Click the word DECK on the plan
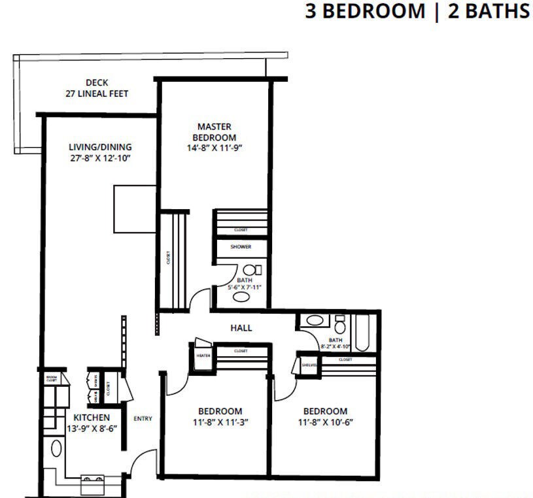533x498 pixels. click(x=97, y=82)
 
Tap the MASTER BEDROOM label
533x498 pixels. click(x=215, y=131)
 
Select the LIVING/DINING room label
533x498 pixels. click(x=100, y=146)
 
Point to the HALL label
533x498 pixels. click(x=241, y=327)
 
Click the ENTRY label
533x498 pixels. click(x=143, y=418)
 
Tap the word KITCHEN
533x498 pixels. click(x=91, y=418)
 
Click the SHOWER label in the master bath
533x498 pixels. click(x=241, y=247)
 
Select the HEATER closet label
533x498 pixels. click(x=201, y=356)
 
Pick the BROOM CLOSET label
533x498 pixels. click(x=51, y=378)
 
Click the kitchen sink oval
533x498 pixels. click(x=56, y=448)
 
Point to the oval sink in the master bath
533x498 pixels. click(x=241, y=297)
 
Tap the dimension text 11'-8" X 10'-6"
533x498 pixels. click(x=325, y=422)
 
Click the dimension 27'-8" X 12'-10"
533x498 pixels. click(x=100, y=158)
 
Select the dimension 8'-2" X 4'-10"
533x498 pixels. click(x=335, y=347)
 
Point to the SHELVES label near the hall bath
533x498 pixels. click(x=309, y=365)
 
